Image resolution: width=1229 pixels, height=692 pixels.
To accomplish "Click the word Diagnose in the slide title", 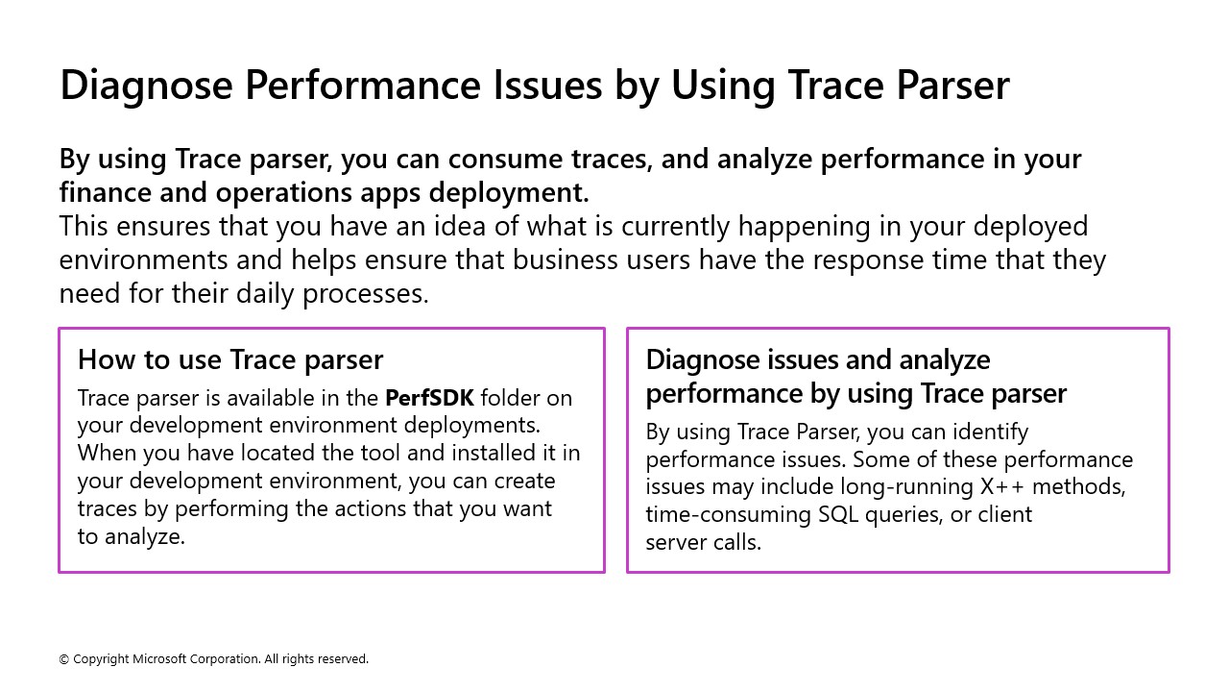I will click(x=146, y=86).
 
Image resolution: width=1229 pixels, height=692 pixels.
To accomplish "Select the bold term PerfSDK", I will click(x=429, y=397).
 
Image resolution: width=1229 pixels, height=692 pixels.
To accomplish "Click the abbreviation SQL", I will click(x=841, y=514).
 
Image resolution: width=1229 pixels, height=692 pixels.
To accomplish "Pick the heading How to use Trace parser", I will click(x=230, y=359).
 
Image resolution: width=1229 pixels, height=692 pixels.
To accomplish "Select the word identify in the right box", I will click(x=986, y=432).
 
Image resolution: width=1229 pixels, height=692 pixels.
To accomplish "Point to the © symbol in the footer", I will click(x=64, y=659).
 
